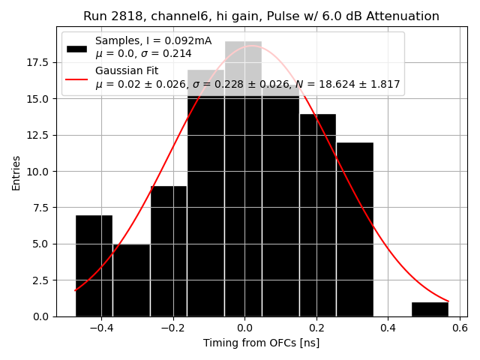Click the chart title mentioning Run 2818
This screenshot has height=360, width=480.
point(261,16)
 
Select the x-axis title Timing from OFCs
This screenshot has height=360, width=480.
point(261,343)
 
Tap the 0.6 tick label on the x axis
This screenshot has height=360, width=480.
point(460,328)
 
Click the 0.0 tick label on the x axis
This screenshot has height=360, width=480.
point(244,328)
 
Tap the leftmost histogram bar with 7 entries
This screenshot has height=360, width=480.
point(94,266)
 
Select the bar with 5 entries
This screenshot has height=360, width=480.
point(131,280)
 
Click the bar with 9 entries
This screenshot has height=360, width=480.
point(169,251)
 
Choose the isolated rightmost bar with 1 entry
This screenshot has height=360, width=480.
point(430,309)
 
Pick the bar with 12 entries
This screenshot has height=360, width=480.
point(355,229)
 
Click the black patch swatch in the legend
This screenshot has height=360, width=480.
point(76,47)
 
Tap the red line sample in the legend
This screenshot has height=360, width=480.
point(76,77)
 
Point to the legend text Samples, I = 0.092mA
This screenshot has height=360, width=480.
point(153,40)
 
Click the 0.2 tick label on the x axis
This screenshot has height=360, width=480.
point(316,328)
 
